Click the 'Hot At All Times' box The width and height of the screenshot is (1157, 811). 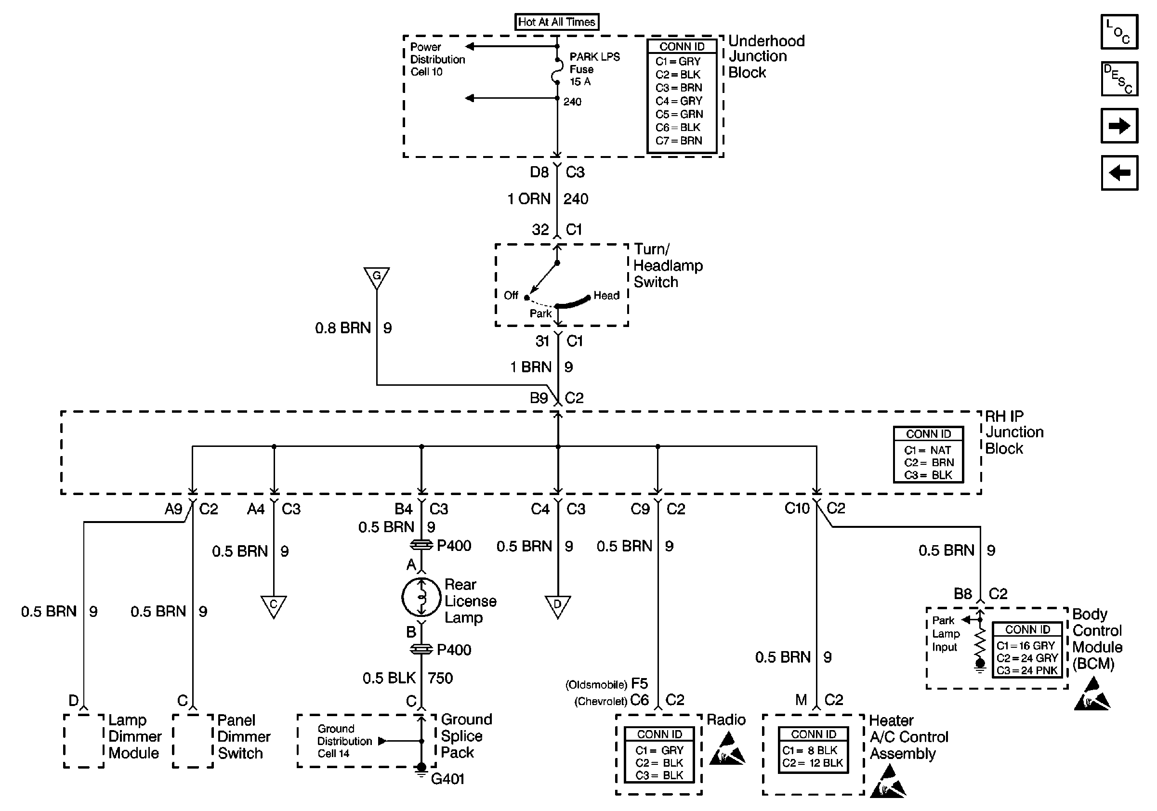[557, 22]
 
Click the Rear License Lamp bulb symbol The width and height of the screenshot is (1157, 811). [421, 598]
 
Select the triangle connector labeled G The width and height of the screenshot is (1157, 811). [376, 277]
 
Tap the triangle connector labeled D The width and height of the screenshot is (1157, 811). [557, 605]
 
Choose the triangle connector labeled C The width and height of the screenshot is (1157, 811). [274, 605]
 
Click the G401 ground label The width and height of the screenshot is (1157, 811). [447, 779]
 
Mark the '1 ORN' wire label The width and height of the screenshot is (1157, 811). [528, 199]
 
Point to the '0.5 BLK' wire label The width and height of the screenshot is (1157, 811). [389, 678]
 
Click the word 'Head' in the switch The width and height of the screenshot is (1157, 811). [606, 296]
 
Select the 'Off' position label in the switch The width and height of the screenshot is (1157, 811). [511, 295]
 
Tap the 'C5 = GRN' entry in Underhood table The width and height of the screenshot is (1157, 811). [679, 114]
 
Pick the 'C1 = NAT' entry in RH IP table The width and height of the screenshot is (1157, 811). [927, 450]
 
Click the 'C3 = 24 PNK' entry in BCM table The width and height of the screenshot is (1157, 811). [1026, 670]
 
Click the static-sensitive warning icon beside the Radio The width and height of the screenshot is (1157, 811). [727, 749]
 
